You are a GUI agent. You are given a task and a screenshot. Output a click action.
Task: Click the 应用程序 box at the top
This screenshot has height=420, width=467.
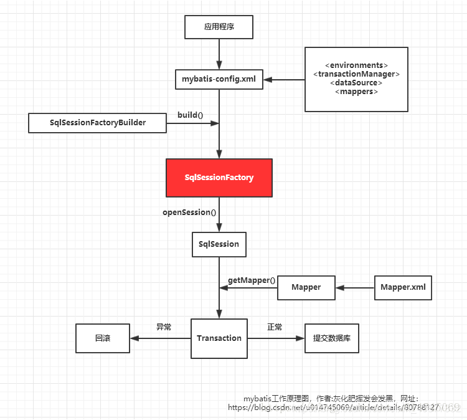point(219,27)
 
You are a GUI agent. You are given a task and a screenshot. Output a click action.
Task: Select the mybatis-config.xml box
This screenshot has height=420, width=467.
point(219,79)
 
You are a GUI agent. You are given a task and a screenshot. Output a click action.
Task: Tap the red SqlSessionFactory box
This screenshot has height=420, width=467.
point(219,178)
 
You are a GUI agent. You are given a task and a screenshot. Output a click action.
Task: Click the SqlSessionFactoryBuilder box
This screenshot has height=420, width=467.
point(98,123)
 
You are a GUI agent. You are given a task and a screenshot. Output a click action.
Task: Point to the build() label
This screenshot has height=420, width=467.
point(191,115)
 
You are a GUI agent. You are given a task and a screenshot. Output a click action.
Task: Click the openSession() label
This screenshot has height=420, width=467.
point(189,212)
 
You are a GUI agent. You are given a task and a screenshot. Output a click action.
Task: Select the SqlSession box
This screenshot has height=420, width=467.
point(219,244)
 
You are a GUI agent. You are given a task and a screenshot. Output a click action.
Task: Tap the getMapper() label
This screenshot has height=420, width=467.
point(252,280)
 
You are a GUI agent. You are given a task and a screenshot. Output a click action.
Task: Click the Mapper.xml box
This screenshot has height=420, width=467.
point(403,287)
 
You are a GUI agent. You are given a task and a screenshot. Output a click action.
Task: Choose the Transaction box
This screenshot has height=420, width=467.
point(219,338)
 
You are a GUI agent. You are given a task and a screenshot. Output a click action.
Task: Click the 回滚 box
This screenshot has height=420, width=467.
point(103,338)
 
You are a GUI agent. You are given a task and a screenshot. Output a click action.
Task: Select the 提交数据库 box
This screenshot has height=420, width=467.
point(331,338)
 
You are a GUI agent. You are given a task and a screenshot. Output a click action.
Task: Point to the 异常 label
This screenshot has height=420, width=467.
point(164,327)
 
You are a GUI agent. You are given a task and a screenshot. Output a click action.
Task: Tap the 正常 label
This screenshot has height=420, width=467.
point(275,327)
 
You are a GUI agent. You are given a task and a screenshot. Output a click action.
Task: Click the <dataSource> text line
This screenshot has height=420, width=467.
point(356,83)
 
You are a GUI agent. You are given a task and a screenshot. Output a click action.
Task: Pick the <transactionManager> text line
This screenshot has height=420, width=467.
point(356,74)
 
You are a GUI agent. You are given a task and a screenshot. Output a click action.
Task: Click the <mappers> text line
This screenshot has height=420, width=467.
point(356,92)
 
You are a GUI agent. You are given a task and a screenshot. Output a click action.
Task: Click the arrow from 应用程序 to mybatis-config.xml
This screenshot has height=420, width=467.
point(219,54)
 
